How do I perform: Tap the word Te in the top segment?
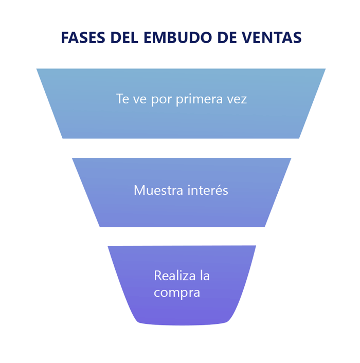[122, 99]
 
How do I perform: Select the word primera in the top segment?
[200, 99]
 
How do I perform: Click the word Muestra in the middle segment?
[157, 190]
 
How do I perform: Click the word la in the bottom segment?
[205, 276]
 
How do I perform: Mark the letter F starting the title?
[65, 38]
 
